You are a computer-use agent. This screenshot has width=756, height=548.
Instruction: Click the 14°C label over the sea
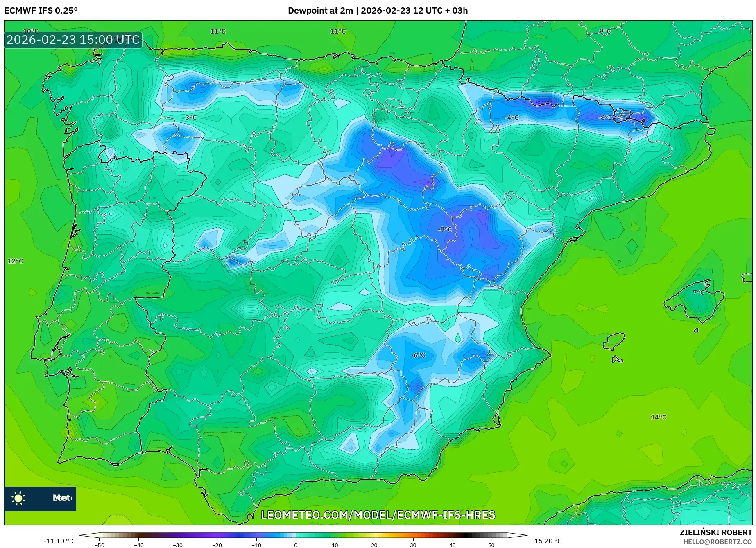tap(658, 417)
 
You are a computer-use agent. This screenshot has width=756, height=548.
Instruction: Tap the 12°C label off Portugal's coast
tap(15, 261)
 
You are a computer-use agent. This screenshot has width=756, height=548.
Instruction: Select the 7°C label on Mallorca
tap(698, 292)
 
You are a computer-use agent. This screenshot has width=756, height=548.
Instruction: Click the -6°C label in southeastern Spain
tap(418, 355)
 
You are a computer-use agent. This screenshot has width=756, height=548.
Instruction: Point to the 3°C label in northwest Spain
tap(191, 118)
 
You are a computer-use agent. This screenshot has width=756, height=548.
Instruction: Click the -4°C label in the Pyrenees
tap(511, 118)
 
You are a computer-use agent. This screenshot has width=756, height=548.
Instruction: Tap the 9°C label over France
tap(604, 31)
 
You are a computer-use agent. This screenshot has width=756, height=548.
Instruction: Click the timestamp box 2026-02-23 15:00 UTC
tap(73, 40)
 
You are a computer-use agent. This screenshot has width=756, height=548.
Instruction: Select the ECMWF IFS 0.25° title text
tap(41, 11)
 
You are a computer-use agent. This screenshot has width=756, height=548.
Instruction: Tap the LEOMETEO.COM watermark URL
tap(378, 515)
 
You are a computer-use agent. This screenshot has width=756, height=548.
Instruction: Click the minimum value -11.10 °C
tap(58, 541)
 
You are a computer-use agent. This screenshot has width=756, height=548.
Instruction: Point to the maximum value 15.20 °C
tap(548, 541)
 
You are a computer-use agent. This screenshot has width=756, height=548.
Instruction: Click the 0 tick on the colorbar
tap(295, 545)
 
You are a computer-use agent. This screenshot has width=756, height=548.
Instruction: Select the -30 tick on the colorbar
tap(177, 545)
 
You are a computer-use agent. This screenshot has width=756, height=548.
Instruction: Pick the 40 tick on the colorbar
tap(452, 545)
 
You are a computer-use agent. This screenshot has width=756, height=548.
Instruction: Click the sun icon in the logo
tap(18, 498)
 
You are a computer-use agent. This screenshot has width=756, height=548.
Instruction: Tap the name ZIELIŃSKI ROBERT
tap(715, 533)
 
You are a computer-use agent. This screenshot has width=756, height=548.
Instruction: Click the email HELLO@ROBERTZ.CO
tap(717, 542)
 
